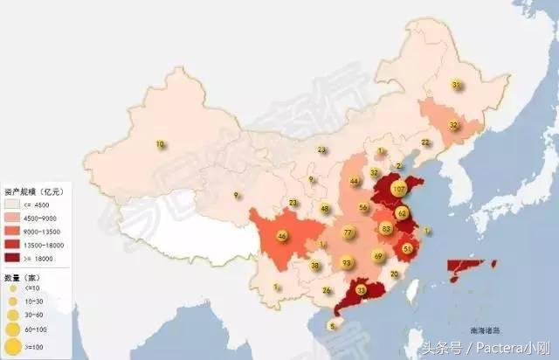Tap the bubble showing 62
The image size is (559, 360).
click(403, 213)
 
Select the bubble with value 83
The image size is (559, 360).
click(386, 228)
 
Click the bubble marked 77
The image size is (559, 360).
click(349, 232)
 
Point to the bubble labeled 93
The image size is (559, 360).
click(347, 262)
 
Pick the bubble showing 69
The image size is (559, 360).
click(378, 256)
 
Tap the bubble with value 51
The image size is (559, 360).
click(408, 249)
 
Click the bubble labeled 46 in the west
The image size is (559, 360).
click(281, 236)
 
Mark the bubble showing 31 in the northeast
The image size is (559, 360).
click(456, 85)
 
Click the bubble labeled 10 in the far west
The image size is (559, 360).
click(160, 144)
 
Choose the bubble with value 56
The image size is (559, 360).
click(363, 208)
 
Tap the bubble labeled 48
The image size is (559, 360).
click(325, 209)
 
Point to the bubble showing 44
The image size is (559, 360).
click(354, 182)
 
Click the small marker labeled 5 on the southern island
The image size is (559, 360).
click(332, 326)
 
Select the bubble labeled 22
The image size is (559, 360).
click(425, 142)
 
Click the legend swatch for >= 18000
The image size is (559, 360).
click(14, 259)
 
